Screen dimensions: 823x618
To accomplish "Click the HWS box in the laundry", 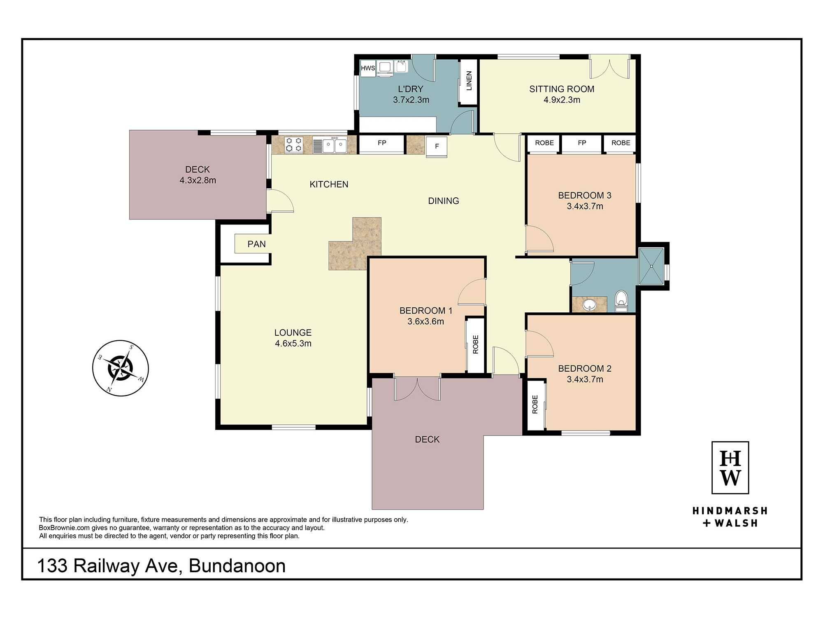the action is [368, 68].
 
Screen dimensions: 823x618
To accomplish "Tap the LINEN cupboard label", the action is [469, 81].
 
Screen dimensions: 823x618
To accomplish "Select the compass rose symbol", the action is [121, 368].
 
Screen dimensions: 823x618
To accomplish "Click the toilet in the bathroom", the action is [621, 301].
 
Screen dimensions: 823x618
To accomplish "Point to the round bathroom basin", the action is [590, 304].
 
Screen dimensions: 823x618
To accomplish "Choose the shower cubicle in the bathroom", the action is [651, 266].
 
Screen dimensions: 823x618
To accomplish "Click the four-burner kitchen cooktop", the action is [294, 145].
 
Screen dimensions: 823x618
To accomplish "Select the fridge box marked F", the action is [437, 147].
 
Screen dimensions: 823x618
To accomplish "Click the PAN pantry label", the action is [256, 244].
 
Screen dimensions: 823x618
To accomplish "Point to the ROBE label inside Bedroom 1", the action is [476, 344].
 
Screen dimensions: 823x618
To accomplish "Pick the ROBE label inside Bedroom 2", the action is [535, 404].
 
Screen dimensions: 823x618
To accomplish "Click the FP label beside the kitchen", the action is [382, 143].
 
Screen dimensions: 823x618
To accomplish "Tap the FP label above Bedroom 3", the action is [582, 143].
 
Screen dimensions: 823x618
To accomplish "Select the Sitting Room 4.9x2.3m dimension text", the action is [562, 100].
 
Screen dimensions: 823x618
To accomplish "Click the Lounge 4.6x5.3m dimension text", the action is [293, 343].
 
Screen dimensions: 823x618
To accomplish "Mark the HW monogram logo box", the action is [730, 468].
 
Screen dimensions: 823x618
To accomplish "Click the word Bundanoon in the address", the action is [237, 566].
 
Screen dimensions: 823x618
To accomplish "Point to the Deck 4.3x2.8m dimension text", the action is [198, 180].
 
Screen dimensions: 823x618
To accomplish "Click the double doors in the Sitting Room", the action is [609, 67].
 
